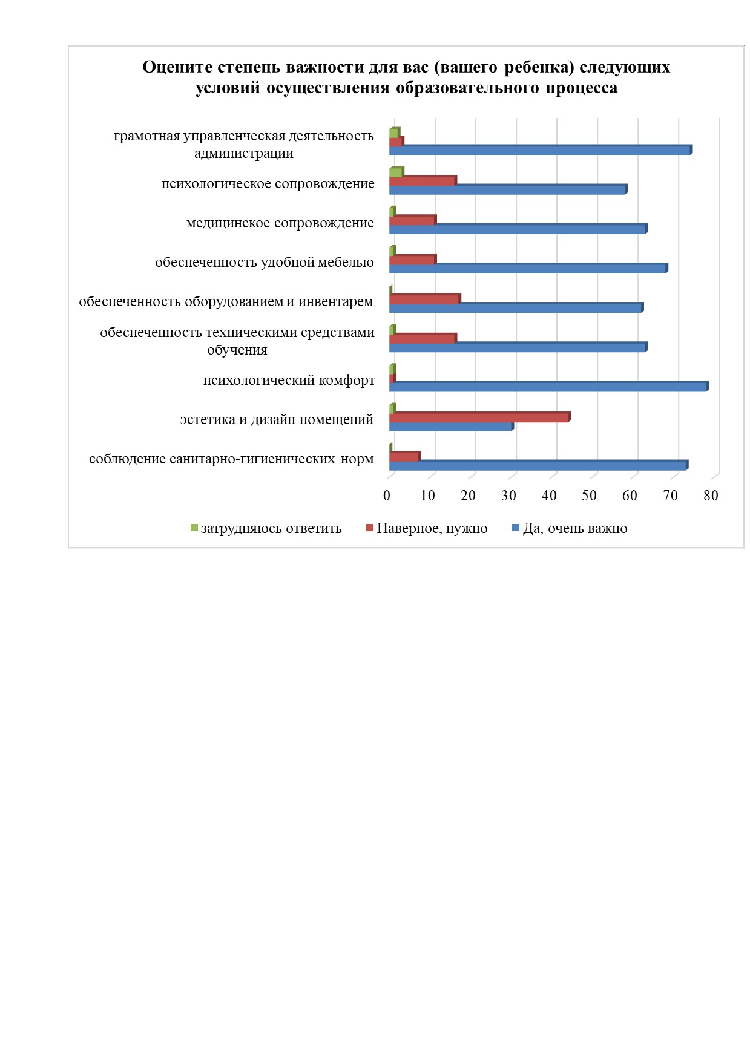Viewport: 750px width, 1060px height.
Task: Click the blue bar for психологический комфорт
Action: pos(548,387)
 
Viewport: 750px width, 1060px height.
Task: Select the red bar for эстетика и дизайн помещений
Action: pos(479,417)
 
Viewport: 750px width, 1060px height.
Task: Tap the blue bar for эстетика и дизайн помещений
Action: pos(451,426)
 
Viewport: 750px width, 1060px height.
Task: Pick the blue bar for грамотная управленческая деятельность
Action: pos(541,150)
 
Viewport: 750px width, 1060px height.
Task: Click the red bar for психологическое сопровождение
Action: pos(423,181)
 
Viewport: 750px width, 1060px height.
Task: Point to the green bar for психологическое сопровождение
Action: pos(396,172)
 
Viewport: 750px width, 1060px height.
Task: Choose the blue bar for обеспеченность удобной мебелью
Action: pos(528,268)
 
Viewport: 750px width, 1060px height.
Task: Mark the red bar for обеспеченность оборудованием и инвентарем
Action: pos(425,299)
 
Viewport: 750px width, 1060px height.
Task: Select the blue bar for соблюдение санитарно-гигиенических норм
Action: pos(539,465)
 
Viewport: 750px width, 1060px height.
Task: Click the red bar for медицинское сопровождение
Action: pos(413,220)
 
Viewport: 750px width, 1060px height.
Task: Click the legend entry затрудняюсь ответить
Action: pos(266,528)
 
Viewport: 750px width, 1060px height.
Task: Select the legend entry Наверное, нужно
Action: pos(427,528)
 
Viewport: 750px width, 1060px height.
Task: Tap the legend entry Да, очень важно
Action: pos(570,528)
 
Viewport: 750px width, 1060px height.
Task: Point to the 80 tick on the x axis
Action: pos(711,496)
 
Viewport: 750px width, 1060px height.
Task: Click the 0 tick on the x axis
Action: pos(387,496)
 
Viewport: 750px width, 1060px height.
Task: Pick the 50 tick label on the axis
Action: pos(589,496)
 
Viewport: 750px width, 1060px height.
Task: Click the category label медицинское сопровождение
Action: pos(280,223)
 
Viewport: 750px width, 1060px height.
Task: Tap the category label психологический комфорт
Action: pos(289,381)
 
